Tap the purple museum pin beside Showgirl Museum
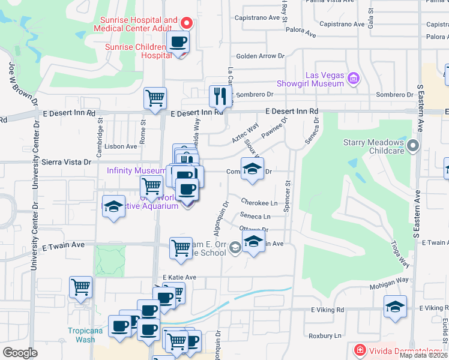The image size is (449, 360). pyautogui.click(x=354, y=77)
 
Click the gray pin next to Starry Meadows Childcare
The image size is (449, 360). pyautogui.click(x=412, y=146)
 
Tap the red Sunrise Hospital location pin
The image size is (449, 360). pyautogui.click(x=187, y=24)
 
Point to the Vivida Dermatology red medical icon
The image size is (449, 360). pyautogui.click(x=359, y=349)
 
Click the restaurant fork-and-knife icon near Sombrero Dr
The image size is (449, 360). pyautogui.click(x=220, y=96)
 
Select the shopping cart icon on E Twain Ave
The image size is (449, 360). pyautogui.click(x=181, y=248)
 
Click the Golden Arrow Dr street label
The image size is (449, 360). pyautogui.click(x=261, y=56)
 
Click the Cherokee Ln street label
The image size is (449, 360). pyautogui.click(x=259, y=202)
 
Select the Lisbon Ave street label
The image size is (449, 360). pyautogui.click(x=121, y=146)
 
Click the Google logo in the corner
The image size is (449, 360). pyautogui.click(x=20, y=353)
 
